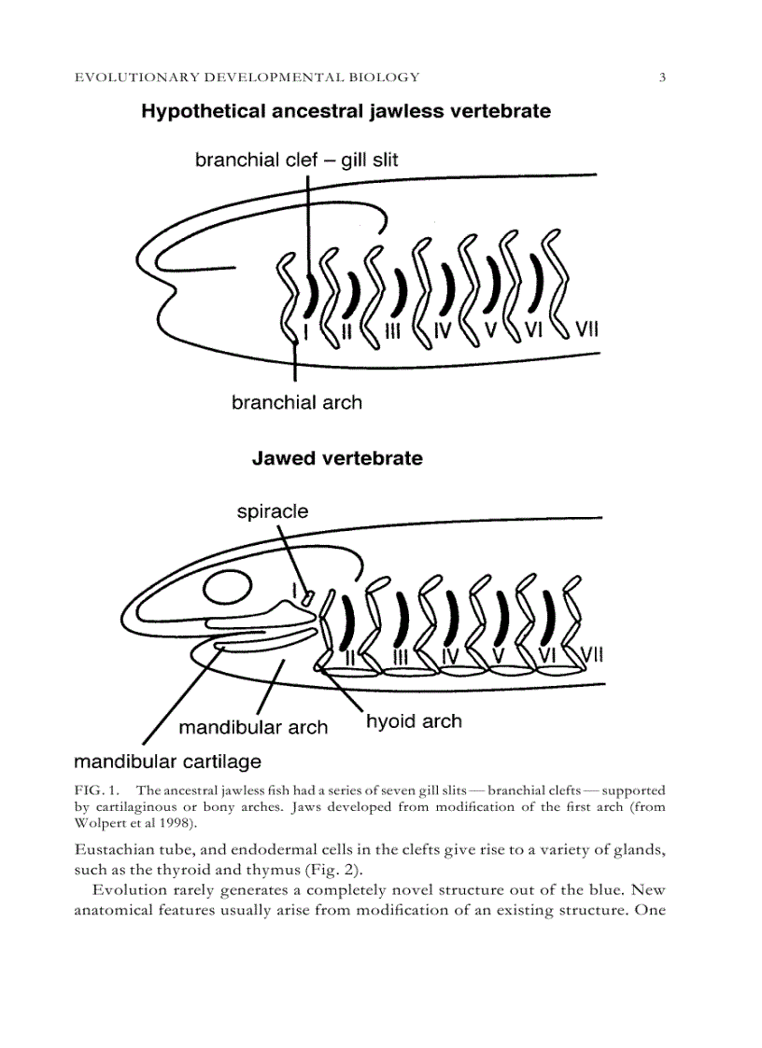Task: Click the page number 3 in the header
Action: click(662, 77)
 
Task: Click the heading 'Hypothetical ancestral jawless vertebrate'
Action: click(346, 112)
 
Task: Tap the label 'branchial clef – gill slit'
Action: click(296, 161)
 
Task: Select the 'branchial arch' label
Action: click(296, 403)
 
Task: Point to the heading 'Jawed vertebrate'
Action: click(337, 459)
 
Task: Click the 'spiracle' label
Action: click(272, 511)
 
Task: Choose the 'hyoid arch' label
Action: click(414, 721)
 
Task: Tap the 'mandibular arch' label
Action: click(253, 728)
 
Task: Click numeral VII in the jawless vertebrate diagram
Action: click(586, 328)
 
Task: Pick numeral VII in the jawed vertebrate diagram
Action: click(592, 656)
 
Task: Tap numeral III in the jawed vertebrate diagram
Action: click(401, 657)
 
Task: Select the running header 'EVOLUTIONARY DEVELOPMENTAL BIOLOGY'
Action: click(247, 77)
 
